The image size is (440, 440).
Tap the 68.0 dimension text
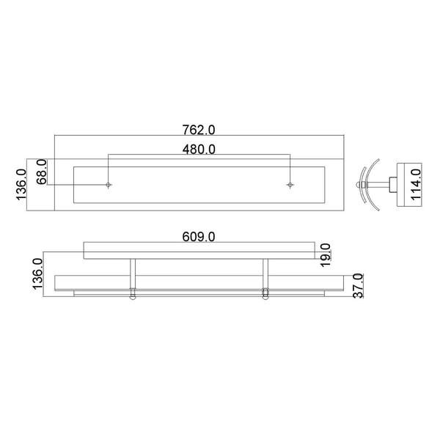[x=42, y=173]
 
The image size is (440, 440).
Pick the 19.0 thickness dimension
[x=325, y=252]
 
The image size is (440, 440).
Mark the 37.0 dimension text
[x=358, y=285]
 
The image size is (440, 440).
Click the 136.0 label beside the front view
[x=38, y=273]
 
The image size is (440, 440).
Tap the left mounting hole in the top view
[x=109, y=185]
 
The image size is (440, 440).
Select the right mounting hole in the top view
[x=290, y=185]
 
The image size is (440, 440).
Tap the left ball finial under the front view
[x=133, y=296]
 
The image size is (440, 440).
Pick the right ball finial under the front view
[x=265, y=296]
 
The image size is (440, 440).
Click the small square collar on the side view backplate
[x=395, y=183]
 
